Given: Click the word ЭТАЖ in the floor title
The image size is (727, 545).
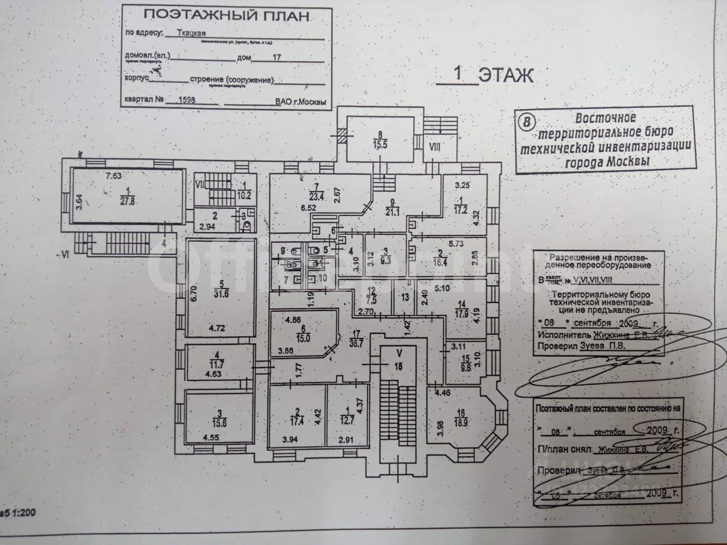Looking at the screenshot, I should pos(505,75).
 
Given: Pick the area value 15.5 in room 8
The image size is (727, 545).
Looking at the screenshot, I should pos(380,145).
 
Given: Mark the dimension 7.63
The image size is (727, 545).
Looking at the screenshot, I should pos(113,176).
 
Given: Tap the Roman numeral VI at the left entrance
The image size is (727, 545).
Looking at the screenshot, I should pos(65,255).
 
